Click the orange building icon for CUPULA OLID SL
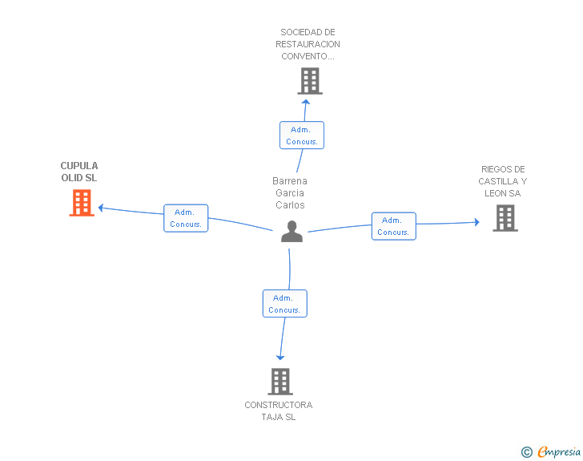tap(82, 203)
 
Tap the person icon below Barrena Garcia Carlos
tap(291, 231)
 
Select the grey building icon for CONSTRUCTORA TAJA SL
tap(280, 382)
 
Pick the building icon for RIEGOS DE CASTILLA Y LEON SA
tap(505, 218)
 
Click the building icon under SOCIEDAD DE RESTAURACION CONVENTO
tap(310, 81)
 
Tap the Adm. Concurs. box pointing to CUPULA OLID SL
tap(186, 218)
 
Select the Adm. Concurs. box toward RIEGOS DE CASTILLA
tap(394, 226)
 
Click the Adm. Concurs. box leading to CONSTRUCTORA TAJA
tap(285, 304)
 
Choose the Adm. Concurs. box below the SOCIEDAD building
tap(302, 135)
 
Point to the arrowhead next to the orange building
tap(101, 208)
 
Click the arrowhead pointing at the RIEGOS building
tap(477, 222)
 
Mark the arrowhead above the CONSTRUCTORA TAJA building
tap(280, 358)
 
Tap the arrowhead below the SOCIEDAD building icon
tap(306, 102)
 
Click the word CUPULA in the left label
tap(79, 166)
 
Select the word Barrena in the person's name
tap(290, 181)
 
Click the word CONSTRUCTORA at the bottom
tap(279, 405)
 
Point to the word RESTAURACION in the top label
tap(308, 44)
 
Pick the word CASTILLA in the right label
tap(498, 181)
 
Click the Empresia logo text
tap(559, 451)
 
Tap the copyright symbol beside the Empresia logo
tap(527, 452)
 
